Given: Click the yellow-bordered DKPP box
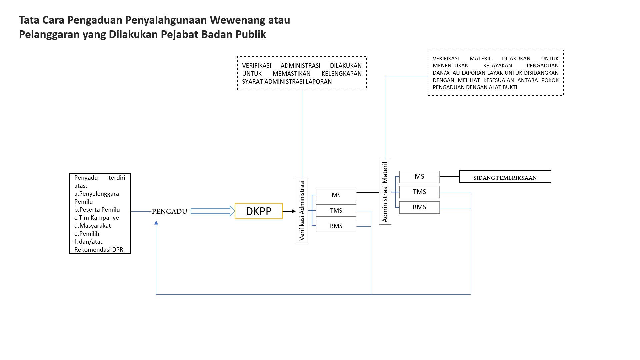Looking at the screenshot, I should (x=258, y=211).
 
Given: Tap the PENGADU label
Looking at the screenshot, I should (x=169, y=211).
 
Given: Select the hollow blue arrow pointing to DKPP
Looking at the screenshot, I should (x=212, y=211).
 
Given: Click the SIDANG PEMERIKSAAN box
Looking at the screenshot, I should (x=505, y=177).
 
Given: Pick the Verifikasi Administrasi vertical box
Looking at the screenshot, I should (x=302, y=210).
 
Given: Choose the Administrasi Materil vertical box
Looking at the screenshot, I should (x=385, y=192).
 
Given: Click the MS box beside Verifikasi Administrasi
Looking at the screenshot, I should (x=336, y=195).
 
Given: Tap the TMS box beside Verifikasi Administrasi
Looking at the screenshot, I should (x=336, y=211).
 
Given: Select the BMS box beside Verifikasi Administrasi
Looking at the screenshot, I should (x=336, y=226).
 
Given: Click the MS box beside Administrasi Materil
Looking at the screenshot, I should (x=419, y=177).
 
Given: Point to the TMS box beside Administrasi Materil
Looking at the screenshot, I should (x=419, y=192).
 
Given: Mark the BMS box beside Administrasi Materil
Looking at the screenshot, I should (x=419, y=207).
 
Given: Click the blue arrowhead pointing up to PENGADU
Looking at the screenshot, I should (x=156, y=223).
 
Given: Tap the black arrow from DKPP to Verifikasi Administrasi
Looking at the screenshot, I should (x=289, y=211).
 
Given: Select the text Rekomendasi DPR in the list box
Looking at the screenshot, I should (x=99, y=250).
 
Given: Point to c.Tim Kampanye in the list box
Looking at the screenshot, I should (x=96, y=218).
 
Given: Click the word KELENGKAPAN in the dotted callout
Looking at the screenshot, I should (x=341, y=74).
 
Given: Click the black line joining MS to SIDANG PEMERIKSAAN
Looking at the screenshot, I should (x=449, y=177).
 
